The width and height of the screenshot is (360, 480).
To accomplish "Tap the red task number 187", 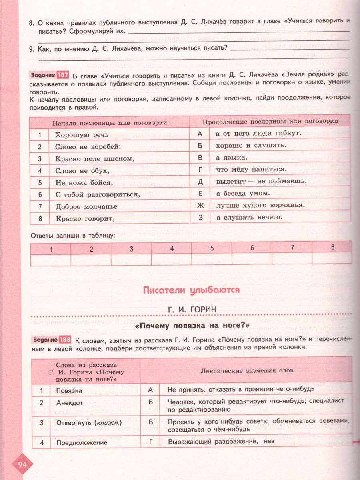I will pyautogui.click(x=63, y=75).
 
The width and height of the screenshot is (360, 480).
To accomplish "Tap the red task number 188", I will pyautogui.click(x=65, y=340).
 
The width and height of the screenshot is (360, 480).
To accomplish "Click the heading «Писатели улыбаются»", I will pyautogui.click(x=191, y=290).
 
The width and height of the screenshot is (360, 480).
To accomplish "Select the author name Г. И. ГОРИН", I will pyautogui.click(x=192, y=309).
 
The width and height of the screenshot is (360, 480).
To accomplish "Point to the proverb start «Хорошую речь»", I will pyautogui.click(x=82, y=135).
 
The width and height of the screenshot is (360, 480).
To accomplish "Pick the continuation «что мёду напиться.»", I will pyautogui.click(x=251, y=169).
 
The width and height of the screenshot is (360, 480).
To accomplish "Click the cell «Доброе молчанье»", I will pyautogui.click(x=86, y=207).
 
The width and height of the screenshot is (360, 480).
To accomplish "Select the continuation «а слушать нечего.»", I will pyautogui.click(x=249, y=218).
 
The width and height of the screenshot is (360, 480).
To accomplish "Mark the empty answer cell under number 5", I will pyautogui.click(x=212, y=260).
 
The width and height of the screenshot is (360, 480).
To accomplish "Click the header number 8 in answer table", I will pyautogui.click(x=332, y=247).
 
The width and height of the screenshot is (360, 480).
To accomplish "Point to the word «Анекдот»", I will pyautogui.click(x=70, y=403).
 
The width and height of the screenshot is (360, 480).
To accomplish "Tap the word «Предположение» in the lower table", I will pyautogui.click(x=82, y=442).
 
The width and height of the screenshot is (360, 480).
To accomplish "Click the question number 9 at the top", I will pyautogui.click(x=31, y=48).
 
